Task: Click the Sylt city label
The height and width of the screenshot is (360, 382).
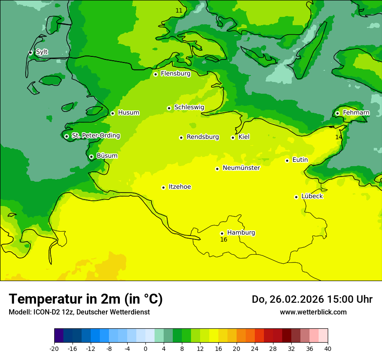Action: [x=42, y=52]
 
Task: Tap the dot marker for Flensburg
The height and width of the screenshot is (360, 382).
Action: [x=155, y=74]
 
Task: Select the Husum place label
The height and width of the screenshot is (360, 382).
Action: [x=128, y=113]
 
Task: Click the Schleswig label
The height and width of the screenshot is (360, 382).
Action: [x=189, y=107]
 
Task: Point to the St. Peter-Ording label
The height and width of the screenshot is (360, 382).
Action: [x=95, y=136]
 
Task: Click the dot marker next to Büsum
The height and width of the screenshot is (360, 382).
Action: [x=91, y=157]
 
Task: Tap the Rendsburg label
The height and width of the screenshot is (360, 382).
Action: [x=202, y=137]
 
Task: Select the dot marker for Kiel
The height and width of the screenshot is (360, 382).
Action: [x=233, y=137]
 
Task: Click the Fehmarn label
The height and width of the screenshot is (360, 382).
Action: [x=356, y=113]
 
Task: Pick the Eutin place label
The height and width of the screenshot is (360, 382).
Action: [x=300, y=160]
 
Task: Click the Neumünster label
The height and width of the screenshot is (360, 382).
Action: [x=241, y=168]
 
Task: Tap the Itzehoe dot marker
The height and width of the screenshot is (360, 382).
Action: [x=163, y=187]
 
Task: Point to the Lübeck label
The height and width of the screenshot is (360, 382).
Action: [x=312, y=196]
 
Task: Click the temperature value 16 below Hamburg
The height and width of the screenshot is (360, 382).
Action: [x=224, y=240]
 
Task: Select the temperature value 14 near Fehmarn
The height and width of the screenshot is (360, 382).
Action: [x=339, y=137]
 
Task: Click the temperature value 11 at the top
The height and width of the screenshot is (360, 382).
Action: [x=179, y=10]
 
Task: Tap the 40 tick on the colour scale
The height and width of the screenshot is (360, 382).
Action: [x=328, y=348]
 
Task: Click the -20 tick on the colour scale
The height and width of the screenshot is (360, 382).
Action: [x=54, y=348]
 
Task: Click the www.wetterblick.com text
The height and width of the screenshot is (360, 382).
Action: [x=313, y=312]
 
